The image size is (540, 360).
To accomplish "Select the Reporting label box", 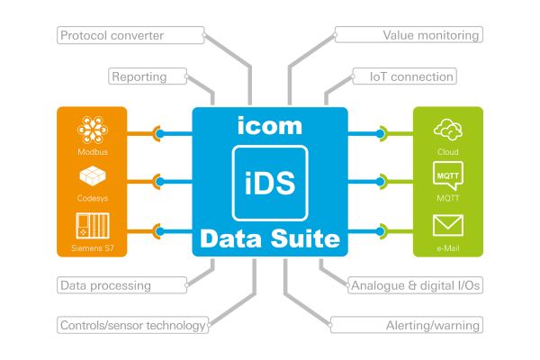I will pos(139,76).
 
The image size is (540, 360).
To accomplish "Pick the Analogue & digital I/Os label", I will pos(414,285).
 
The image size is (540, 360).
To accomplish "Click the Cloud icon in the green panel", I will pos(447,130).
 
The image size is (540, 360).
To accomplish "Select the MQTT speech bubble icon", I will pos(447,174).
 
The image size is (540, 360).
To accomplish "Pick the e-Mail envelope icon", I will pos(447,224).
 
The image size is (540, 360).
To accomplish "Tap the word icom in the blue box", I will pos(270,126).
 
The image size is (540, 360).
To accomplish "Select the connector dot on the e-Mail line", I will pos(381,229).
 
